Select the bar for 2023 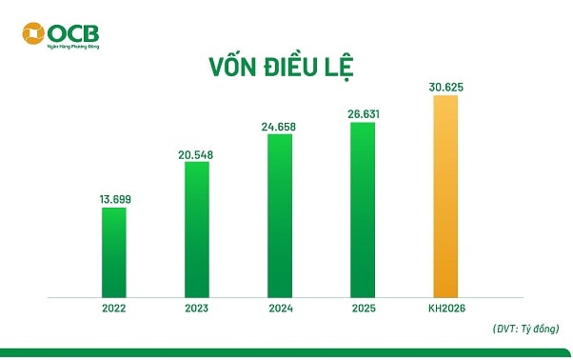coord(196,230)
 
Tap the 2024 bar coord(280,215)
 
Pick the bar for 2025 coord(363,210)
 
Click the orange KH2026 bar coord(445,196)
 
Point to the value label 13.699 coord(114,198)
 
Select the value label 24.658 coord(280,126)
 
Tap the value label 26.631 coord(363,112)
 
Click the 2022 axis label coord(113,309)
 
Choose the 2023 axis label coord(196,309)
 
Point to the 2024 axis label coord(280,309)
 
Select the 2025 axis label coord(363,309)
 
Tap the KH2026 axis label coord(445,309)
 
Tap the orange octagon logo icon coord(34,35)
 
